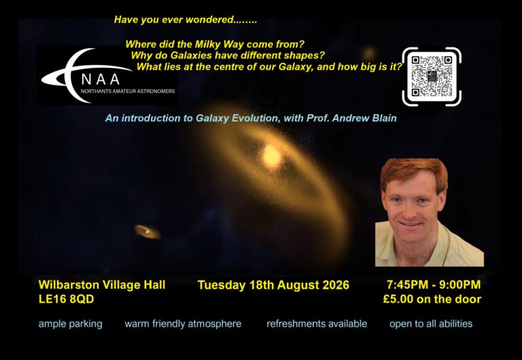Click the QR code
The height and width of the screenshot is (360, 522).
click(x=432, y=77)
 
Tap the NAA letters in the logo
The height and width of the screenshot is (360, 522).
click(x=101, y=79)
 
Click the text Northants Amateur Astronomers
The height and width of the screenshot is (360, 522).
click(x=128, y=91)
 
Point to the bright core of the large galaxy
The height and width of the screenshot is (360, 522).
click(x=272, y=156)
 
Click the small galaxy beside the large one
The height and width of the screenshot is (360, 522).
click(x=147, y=232)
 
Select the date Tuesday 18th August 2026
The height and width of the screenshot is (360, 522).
click(x=273, y=285)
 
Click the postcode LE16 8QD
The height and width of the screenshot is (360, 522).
click(x=66, y=299)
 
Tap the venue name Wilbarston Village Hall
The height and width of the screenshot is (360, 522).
click(x=102, y=285)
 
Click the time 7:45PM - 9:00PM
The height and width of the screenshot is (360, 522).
click(x=434, y=285)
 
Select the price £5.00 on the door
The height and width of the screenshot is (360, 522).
click(x=432, y=299)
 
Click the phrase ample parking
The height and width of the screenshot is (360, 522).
click(x=70, y=324)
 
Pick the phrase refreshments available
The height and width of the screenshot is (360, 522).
click(x=317, y=324)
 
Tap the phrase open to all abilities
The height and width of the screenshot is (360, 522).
click(x=431, y=324)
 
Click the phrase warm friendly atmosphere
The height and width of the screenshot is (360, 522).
click(x=183, y=324)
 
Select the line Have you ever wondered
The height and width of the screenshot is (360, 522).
click(x=186, y=20)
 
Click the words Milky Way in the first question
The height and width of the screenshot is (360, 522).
click(x=218, y=44)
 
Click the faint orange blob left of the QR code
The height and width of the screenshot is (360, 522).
click(x=368, y=54)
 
